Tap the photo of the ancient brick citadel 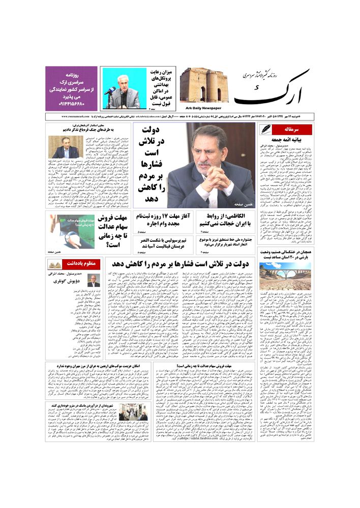[x=203, y=85]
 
